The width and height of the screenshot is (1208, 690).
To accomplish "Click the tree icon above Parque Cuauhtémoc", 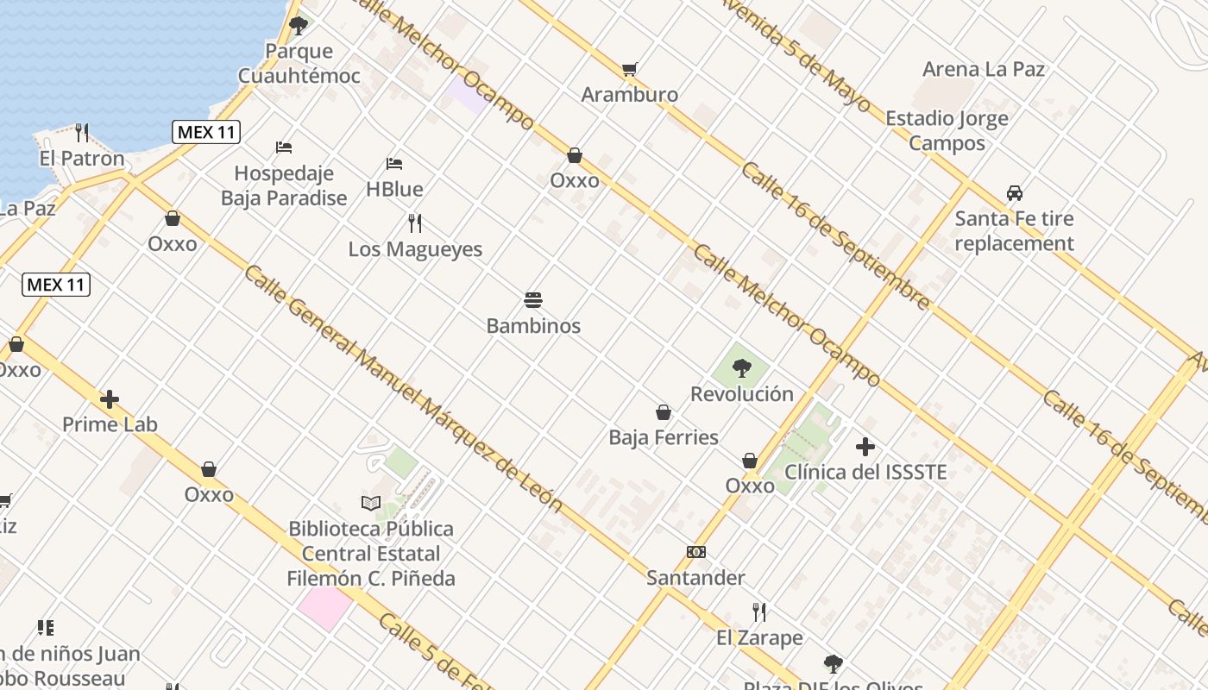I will click(x=299, y=25).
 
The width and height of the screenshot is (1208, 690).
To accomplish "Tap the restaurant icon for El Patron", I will click(x=82, y=133).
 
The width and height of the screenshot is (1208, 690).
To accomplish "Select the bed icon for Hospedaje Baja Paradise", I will click(x=284, y=147).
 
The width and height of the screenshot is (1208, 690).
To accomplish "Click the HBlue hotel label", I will click(x=394, y=189).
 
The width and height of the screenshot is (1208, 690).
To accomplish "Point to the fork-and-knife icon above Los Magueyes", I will click(x=415, y=223).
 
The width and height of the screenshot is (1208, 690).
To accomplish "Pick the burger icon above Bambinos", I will click(x=533, y=300).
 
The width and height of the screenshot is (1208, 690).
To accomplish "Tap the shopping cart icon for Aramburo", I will click(x=630, y=69).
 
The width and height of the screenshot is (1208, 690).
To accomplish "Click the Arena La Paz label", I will click(x=984, y=69).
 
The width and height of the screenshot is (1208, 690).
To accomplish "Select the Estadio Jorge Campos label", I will click(x=947, y=130).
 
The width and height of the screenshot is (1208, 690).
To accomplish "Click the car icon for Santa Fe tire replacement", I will click(x=1015, y=193).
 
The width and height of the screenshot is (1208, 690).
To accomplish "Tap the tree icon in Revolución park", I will click(x=741, y=368).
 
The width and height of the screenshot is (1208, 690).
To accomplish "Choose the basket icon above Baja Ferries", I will click(x=664, y=412).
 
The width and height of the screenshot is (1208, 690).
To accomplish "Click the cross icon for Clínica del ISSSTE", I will click(x=865, y=447).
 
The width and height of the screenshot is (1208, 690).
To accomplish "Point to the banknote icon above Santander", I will click(x=695, y=552).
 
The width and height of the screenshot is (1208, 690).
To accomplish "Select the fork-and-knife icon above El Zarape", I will click(x=759, y=612).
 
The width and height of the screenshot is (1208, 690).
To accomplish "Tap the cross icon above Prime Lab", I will click(x=110, y=399).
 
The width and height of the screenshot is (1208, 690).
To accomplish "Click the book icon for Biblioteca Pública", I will click(x=371, y=503).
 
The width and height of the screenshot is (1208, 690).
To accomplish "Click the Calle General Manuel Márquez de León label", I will click(x=403, y=388).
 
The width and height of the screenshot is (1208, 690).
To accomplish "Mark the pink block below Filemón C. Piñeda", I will click(x=324, y=607).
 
